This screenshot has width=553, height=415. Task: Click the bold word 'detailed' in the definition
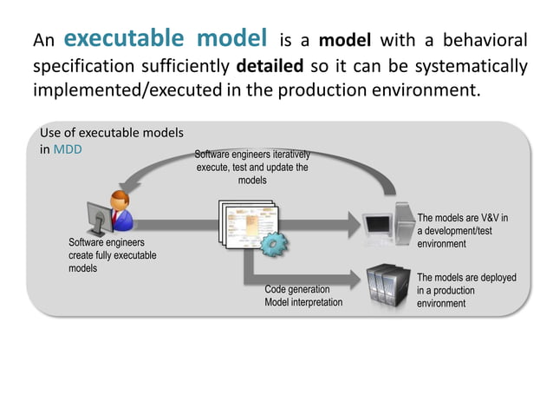269,67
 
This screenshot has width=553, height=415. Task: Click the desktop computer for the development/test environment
387,223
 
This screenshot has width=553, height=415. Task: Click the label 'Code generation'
296,289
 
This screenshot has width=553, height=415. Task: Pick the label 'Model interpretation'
303,302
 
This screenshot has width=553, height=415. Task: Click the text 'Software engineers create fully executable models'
107,255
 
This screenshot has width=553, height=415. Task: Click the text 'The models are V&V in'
462,219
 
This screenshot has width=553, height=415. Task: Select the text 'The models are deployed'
466,278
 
